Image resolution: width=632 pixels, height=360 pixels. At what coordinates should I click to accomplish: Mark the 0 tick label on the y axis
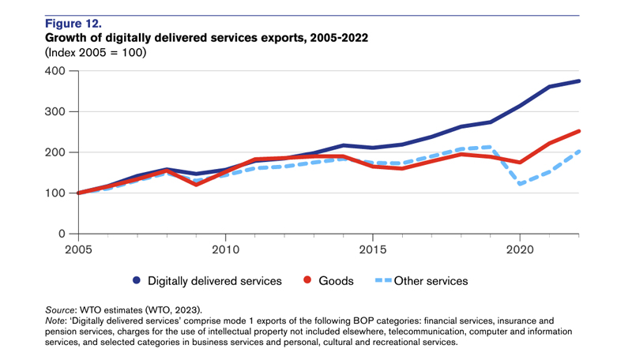coord(62,234)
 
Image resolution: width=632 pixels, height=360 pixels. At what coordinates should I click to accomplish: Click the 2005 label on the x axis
coord(77,249)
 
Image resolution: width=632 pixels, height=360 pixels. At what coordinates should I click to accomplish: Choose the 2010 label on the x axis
coord(225,249)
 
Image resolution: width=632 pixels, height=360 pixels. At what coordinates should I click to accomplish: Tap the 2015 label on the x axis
coord(373,249)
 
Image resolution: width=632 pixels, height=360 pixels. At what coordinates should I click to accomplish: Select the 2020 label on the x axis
coord(521,249)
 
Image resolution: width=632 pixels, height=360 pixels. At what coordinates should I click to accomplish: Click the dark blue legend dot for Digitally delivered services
coord(137,280)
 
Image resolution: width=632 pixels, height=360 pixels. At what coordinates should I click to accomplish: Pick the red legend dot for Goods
coord(309,280)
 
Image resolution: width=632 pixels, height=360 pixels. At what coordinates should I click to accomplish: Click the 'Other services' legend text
coord(431,280)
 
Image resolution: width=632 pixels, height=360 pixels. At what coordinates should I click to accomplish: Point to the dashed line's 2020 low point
coord(521,184)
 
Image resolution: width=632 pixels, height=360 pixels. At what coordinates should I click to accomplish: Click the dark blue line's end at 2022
coord(579,81)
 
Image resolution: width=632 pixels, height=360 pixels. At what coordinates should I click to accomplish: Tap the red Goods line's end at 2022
coord(579,132)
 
